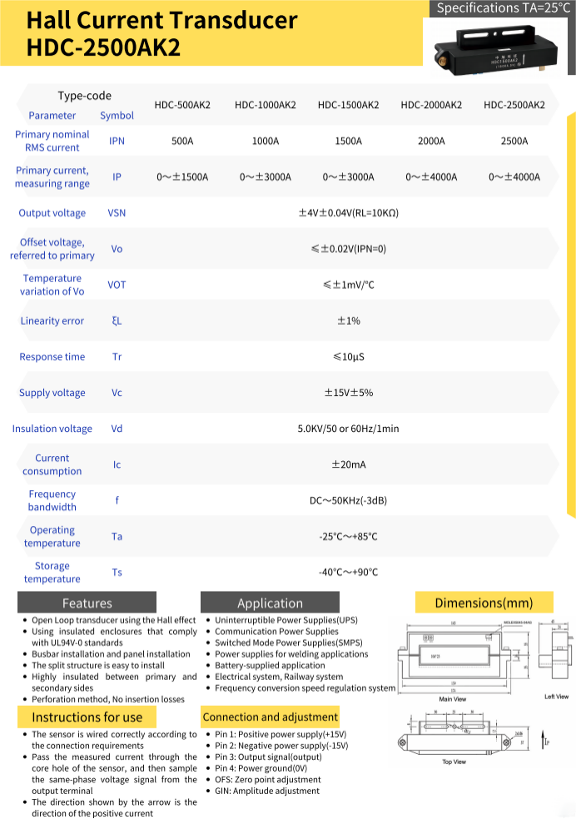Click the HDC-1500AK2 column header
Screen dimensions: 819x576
[x=348, y=105]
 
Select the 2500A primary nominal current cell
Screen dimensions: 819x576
[x=514, y=141]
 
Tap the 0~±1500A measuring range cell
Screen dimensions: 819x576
[x=182, y=176]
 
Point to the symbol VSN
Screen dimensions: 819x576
[x=117, y=213]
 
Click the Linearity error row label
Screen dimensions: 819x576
[x=52, y=320]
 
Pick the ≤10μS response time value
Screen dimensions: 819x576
[x=348, y=357]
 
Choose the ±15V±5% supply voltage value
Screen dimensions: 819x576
[x=348, y=393]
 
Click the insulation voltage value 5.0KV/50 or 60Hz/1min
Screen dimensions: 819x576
[x=348, y=429]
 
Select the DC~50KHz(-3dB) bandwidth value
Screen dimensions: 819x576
[x=348, y=500]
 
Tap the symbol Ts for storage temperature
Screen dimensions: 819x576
[x=117, y=573]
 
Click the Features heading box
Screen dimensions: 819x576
[x=87, y=603]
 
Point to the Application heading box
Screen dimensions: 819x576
[x=270, y=603]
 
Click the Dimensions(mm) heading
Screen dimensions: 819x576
[x=483, y=602]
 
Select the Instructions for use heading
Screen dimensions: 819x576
[x=87, y=717]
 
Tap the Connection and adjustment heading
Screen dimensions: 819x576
[x=270, y=717]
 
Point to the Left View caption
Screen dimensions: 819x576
[x=556, y=697]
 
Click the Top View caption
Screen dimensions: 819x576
[x=454, y=762]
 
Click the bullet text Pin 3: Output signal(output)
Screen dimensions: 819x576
[x=268, y=757]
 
